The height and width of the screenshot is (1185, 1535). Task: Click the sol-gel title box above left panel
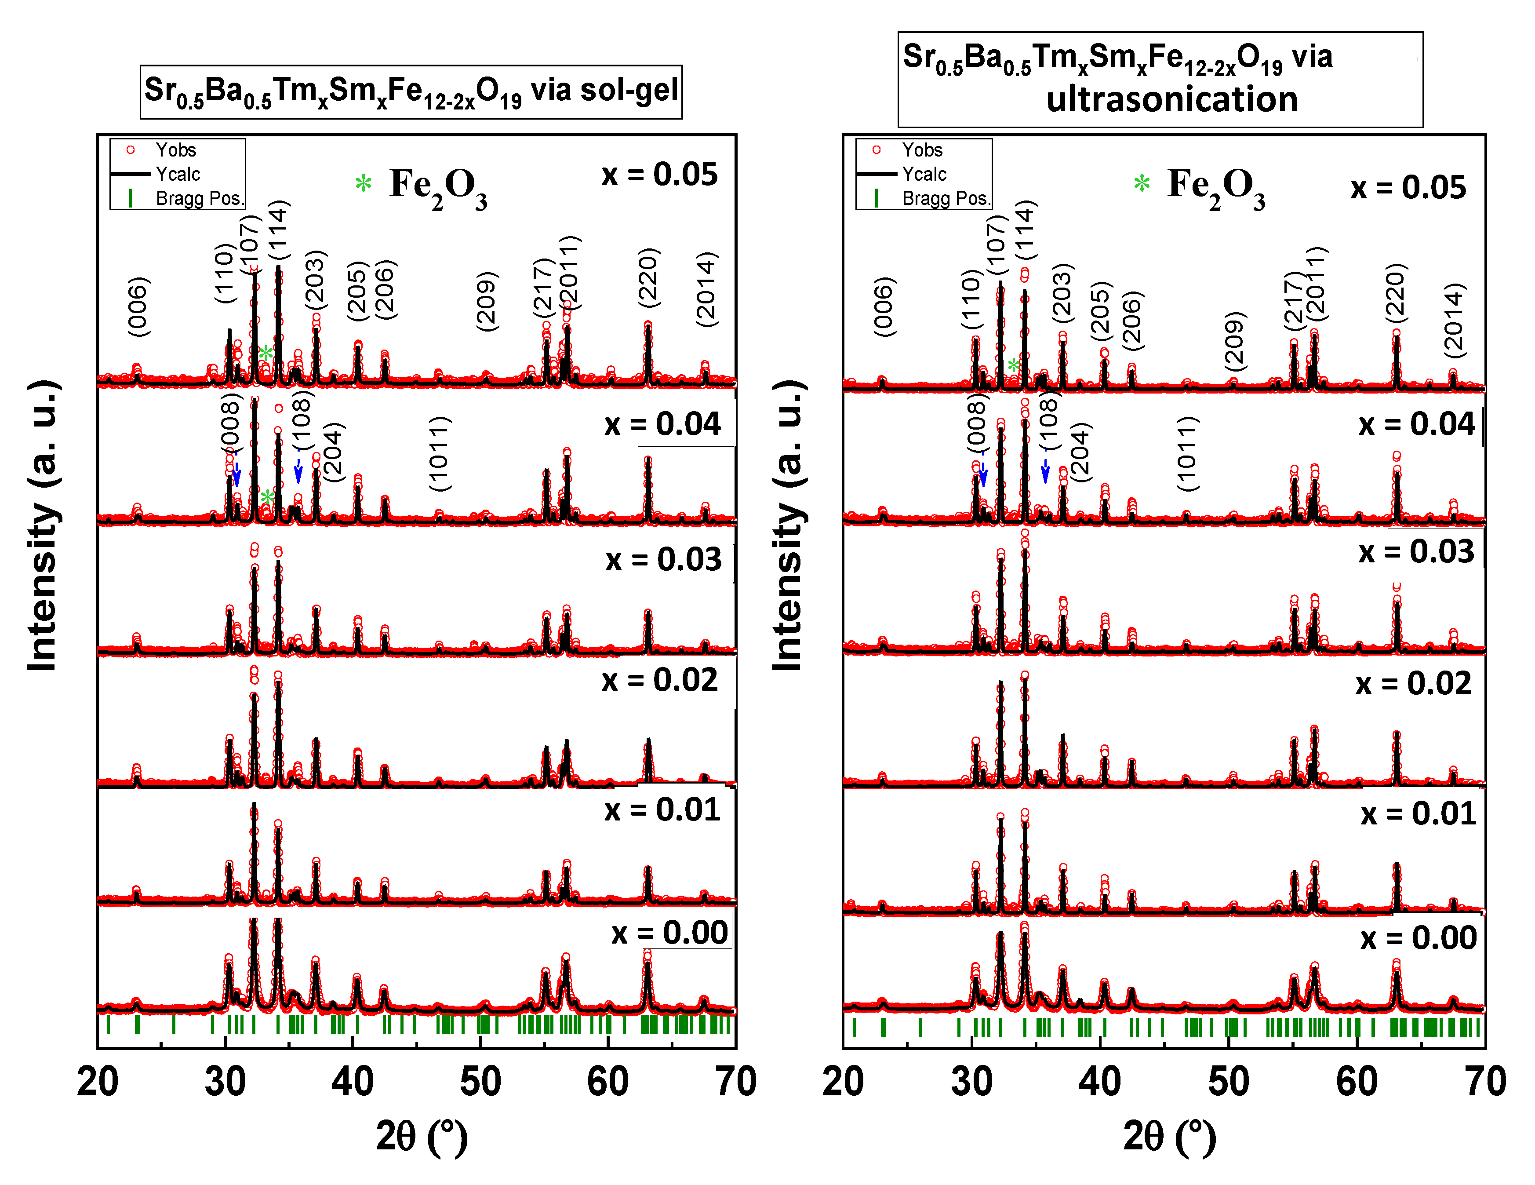[411, 92]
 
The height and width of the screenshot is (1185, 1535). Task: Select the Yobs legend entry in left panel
[176, 149]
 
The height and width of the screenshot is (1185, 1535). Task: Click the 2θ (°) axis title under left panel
[421, 1137]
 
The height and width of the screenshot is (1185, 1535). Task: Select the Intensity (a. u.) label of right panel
[788, 526]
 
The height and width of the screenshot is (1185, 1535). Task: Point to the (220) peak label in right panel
[1396, 293]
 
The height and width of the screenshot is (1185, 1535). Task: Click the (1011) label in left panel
[439, 453]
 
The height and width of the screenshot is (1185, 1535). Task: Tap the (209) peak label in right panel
[1234, 341]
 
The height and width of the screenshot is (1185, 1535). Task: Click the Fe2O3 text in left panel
[438, 187]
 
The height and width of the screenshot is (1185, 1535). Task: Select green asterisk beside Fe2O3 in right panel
[1142, 184]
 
